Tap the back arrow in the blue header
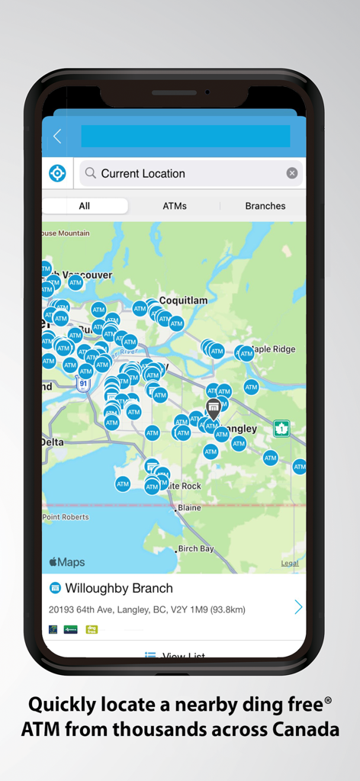[57, 137]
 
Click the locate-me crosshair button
[57, 173]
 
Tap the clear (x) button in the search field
[292, 173]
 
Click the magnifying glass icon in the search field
[91, 173]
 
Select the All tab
[84, 206]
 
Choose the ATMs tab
[175, 206]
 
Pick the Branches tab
[265, 206]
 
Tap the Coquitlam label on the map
[184, 301]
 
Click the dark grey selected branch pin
[214, 407]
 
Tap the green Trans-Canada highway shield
[282, 428]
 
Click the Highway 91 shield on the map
[83, 385]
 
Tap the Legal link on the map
[290, 564]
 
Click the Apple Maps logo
[67, 562]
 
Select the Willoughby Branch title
[119, 588]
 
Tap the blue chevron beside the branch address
[297, 607]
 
